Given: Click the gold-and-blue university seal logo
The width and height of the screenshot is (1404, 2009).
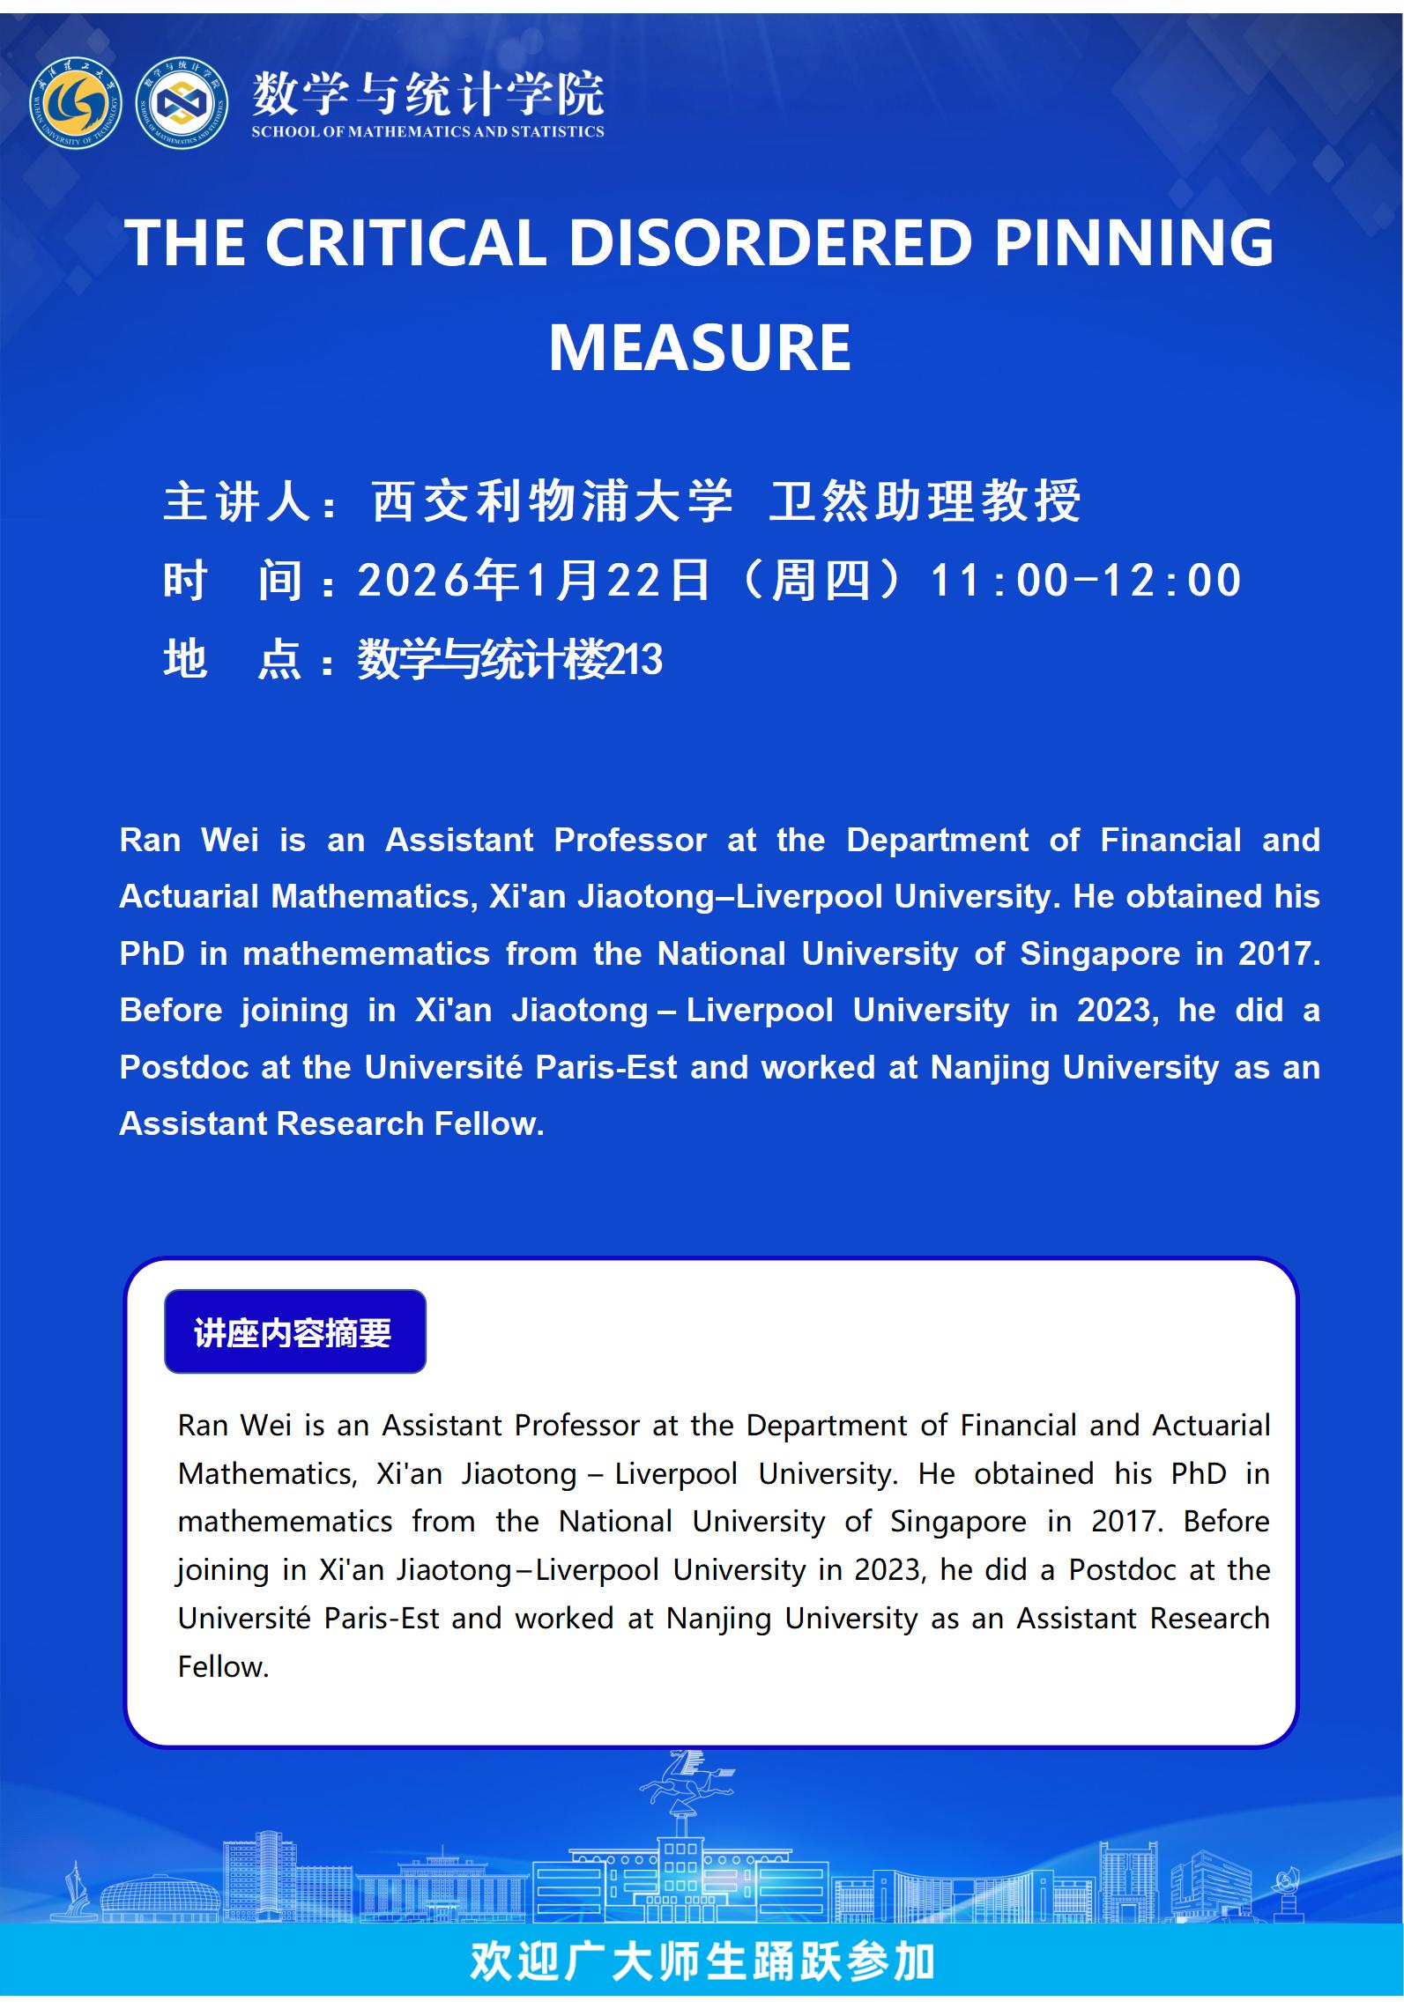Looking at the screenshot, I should tap(76, 103).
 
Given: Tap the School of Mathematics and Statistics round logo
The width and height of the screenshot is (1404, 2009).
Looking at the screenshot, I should tap(182, 103).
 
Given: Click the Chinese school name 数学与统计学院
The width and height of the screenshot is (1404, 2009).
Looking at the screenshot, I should tap(427, 93).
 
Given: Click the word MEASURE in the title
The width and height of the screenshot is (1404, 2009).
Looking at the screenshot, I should tap(700, 348).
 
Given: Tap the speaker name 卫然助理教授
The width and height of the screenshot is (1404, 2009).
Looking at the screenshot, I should tap(925, 501).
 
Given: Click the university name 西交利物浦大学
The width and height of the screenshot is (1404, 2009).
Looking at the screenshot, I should tap(552, 501).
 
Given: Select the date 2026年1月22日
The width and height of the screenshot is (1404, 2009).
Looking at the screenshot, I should tap(533, 581).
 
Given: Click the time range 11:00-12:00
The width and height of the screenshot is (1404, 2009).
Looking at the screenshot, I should tap(1086, 581).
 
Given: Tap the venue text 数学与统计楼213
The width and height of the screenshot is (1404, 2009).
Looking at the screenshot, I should tap(509, 659).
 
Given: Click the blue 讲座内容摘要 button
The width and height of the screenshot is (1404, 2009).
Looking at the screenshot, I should tap(294, 1332).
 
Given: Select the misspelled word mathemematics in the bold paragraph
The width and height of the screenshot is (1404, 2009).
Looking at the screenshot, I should tap(366, 953).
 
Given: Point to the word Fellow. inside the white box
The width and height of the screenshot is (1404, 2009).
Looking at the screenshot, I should tap(223, 1666).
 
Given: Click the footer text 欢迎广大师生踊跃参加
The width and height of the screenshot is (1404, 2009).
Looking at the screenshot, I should tap(702, 1961).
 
